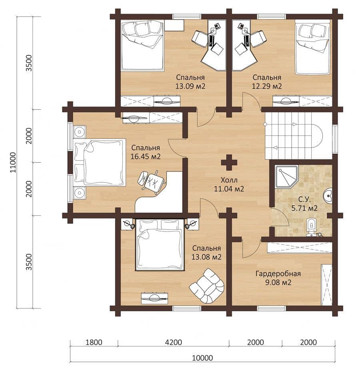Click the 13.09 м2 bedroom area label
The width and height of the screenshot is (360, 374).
(x=190, y=86)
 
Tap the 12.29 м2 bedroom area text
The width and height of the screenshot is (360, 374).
(x=267, y=86)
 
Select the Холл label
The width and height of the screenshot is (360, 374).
(x=229, y=180)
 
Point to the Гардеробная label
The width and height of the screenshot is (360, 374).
(x=278, y=273)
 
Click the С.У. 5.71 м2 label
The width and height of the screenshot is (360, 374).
(x=304, y=204)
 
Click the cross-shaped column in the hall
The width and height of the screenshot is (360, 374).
(x=229, y=163)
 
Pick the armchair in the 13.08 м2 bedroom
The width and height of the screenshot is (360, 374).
(x=207, y=286)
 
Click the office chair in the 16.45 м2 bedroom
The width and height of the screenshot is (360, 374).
(x=151, y=180)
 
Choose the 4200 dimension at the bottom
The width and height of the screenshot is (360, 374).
(x=173, y=342)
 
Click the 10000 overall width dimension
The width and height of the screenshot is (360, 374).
(x=202, y=358)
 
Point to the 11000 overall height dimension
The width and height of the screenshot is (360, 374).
(x=13, y=162)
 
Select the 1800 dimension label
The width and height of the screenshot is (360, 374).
(x=94, y=342)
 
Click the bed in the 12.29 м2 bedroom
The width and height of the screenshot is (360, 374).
(x=312, y=47)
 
